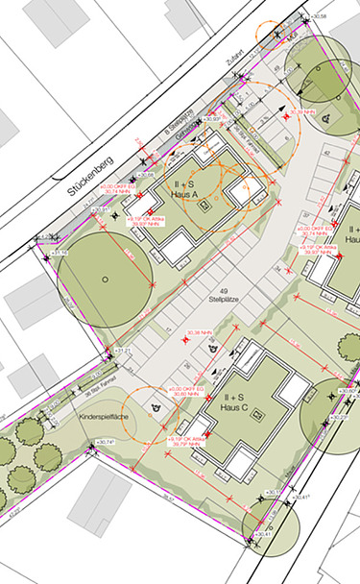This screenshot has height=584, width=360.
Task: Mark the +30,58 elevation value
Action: click(342, 16)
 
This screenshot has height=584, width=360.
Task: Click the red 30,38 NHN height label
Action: click(199, 333)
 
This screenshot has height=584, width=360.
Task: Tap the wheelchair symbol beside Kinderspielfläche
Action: click(154, 406)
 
